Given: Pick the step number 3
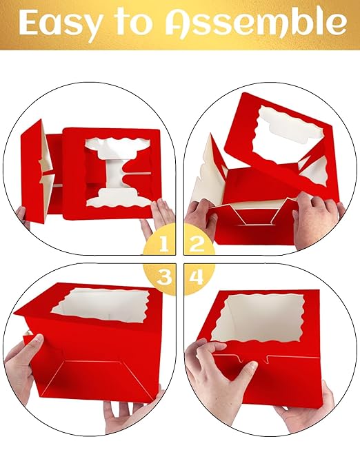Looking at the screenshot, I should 163,277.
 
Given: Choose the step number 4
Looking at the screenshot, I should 197,277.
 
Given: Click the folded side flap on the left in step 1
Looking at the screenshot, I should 36,169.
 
